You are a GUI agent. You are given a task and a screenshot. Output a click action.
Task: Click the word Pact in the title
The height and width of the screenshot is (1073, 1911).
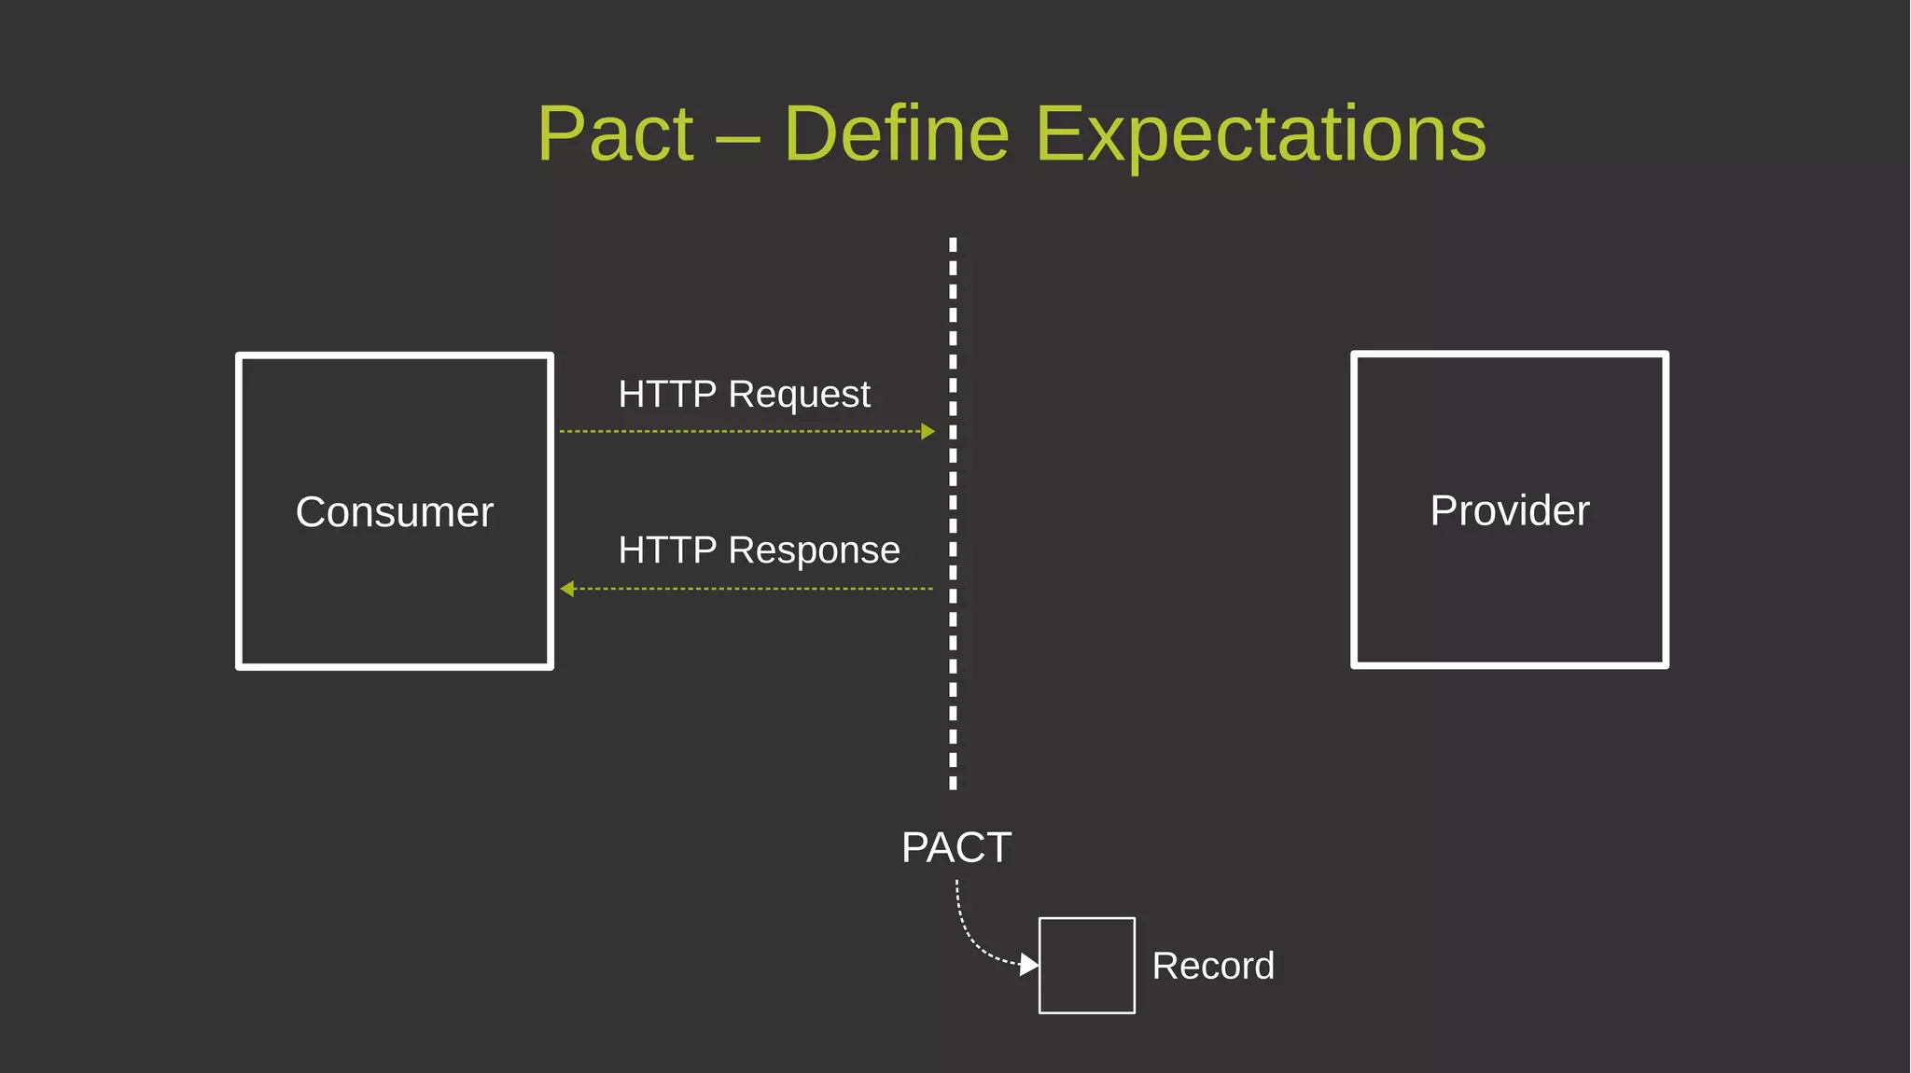click(x=616, y=134)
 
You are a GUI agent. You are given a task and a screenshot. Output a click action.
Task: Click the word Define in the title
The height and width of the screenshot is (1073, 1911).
click(x=896, y=134)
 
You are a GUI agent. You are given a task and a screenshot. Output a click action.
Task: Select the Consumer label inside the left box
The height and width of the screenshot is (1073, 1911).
click(x=394, y=512)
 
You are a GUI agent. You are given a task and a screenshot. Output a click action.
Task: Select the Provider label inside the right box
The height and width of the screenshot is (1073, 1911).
click(x=1509, y=510)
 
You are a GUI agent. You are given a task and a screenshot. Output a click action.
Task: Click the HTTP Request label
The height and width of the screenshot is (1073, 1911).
click(x=744, y=394)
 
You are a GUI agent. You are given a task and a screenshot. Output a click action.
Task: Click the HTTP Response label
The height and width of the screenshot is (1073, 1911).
click(x=759, y=550)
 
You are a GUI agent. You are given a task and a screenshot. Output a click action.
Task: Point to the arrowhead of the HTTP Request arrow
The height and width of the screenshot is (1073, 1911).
click(x=928, y=431)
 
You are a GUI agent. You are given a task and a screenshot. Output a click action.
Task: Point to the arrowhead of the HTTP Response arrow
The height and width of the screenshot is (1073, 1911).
click(x=567, y=589)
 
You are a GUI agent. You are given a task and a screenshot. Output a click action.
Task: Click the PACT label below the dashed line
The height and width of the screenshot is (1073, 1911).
click(x=955, y=847)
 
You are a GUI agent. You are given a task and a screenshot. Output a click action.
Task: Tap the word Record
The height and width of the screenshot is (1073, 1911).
click(x=1213, y=966)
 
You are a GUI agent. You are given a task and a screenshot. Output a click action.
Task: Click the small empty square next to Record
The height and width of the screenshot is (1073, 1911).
click(x=1086, y=966)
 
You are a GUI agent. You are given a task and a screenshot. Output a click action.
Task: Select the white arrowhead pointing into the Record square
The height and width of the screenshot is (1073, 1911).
click(x=1028, y=964)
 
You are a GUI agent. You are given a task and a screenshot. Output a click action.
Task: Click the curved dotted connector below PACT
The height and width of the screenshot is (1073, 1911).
click(x=965, y=933)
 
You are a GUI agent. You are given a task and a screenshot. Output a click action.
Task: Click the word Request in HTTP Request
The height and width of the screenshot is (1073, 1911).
click(x=799, y=395)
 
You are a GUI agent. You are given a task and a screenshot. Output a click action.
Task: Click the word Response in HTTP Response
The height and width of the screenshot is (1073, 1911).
click(x=814, y=550)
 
